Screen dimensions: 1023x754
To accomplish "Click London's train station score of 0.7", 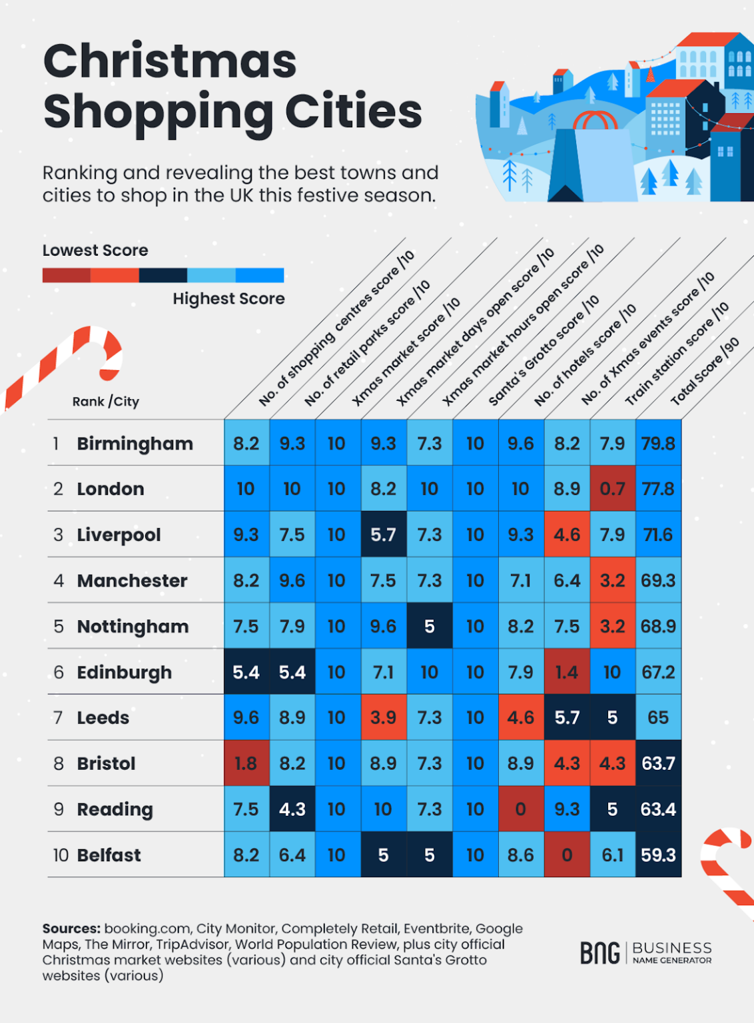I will (x=612, y=489).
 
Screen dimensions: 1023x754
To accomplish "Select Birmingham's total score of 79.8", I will (x=658, y=444).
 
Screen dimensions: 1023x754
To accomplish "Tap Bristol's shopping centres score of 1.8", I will (x=246, y=763).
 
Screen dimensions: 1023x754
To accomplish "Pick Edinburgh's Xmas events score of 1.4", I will (x=567, y=672).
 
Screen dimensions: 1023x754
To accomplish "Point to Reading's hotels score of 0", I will (x=521, y=809).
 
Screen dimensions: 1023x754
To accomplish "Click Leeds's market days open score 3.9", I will (x=383, y=717).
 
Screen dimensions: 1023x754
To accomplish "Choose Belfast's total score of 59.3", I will (x=658, y=855).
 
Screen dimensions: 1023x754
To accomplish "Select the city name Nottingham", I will (x=133, y=627).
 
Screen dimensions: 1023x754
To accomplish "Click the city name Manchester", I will (x=132, y=581).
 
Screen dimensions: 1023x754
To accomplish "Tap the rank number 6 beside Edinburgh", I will (x=59, y=672).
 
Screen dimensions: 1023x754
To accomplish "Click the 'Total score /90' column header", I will (x=705, y=372).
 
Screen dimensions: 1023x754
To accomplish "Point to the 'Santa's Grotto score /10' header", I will (x=544, y=351).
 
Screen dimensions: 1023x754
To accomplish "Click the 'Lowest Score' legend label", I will (x=95, y=250).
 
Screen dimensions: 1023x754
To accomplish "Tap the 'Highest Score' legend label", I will (x=228, y=298).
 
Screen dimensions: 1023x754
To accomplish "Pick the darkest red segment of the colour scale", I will (x=66, y=275).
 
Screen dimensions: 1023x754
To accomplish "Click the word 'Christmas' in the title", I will (x=170, y=61).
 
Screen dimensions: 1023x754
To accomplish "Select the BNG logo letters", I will (x=599, y=953).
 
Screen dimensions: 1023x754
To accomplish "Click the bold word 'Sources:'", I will (x=71, y=928).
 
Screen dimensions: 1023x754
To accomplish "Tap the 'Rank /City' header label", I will (x=106, y=402).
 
